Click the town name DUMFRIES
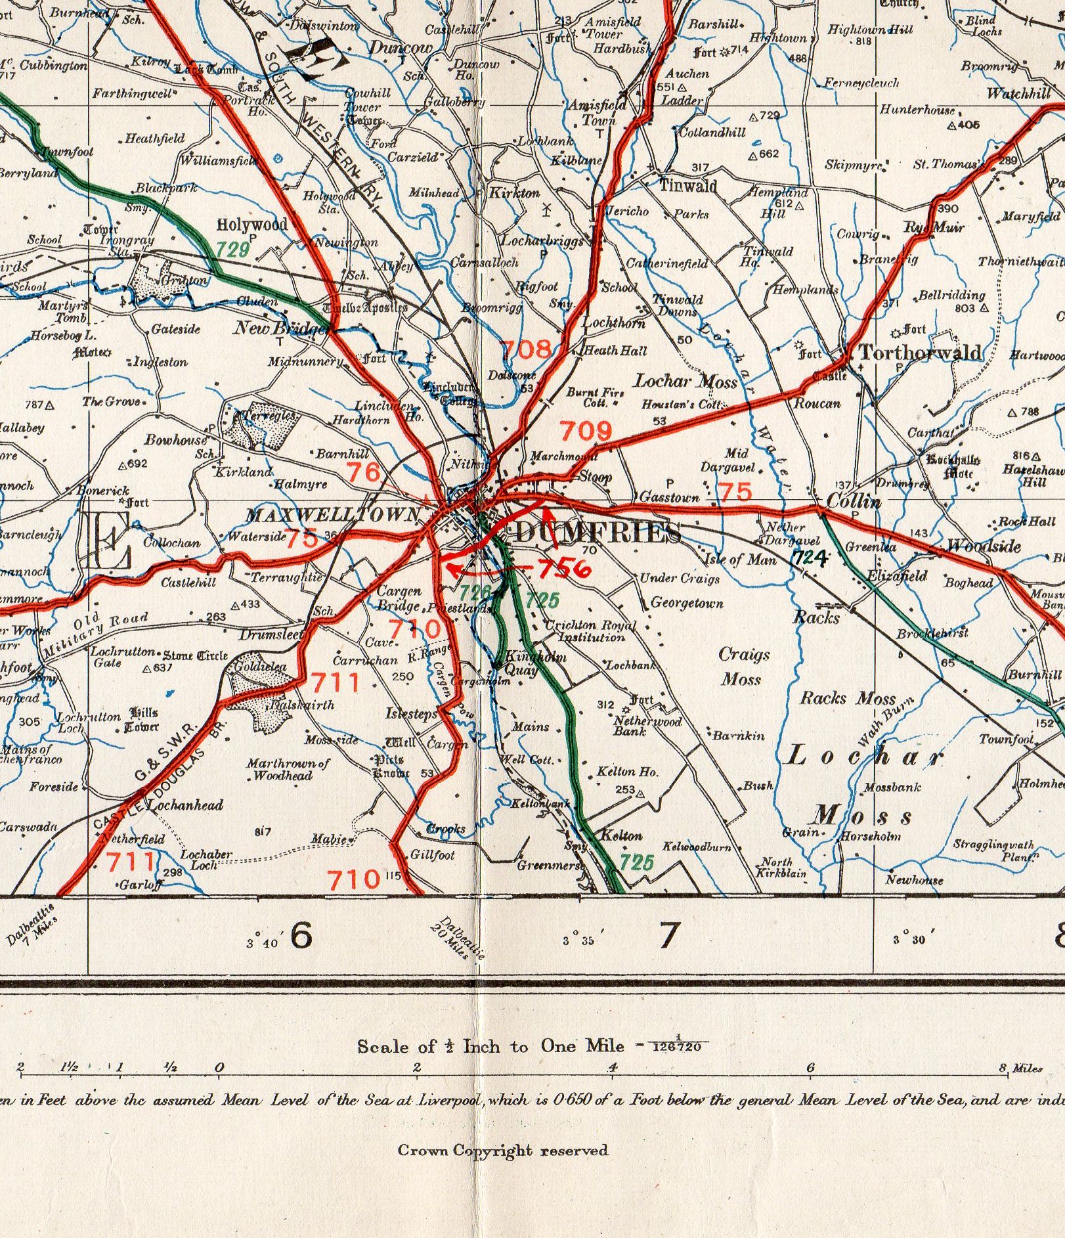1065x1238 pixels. coord(596,533)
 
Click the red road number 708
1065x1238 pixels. coord(526,349)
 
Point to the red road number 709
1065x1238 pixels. coord(585,431)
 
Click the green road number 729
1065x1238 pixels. coord(233,249)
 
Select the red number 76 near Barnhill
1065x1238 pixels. coord(363,472)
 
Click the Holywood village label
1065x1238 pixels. coord(252,225)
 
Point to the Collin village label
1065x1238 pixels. coord(853,502)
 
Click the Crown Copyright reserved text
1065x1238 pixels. coord(502,1150)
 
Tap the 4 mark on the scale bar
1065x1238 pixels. coord(612,1068)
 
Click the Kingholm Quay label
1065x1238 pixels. coord(522,663)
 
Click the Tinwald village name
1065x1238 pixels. coord(687,186)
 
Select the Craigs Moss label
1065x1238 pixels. coord(743,666)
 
